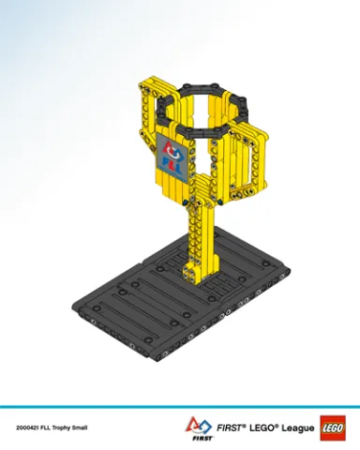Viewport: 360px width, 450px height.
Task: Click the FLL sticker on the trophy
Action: (172, 156)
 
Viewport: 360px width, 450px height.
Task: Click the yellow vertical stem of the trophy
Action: (204, 234)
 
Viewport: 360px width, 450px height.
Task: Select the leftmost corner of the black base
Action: (75, 296)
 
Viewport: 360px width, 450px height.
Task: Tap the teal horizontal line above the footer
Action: (180, 406)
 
